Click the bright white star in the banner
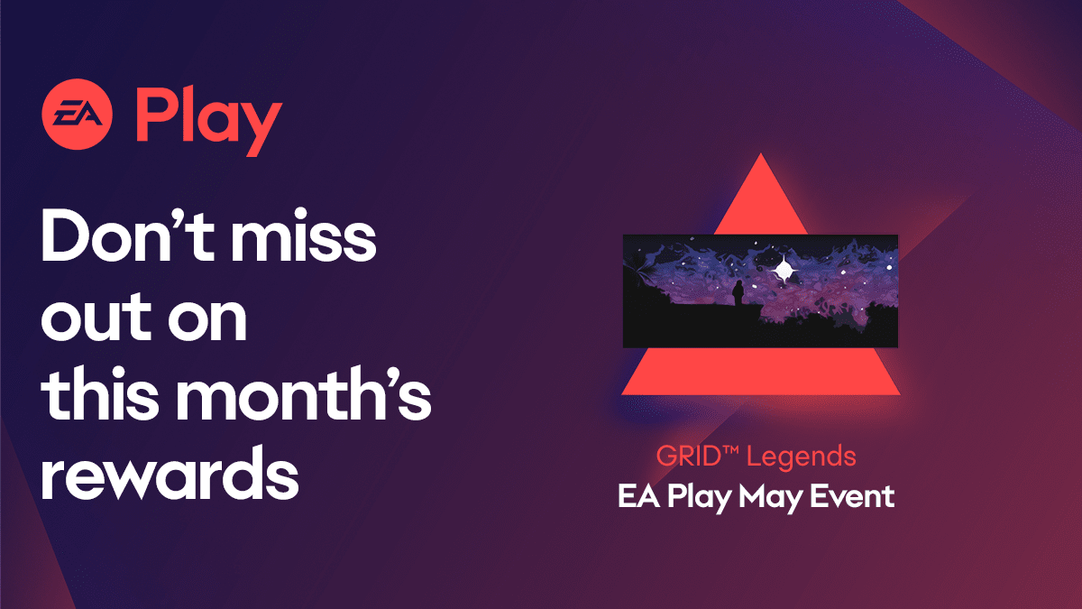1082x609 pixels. [784, 269]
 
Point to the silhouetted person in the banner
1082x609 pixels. [738, 292]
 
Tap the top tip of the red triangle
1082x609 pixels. [761, 155]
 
